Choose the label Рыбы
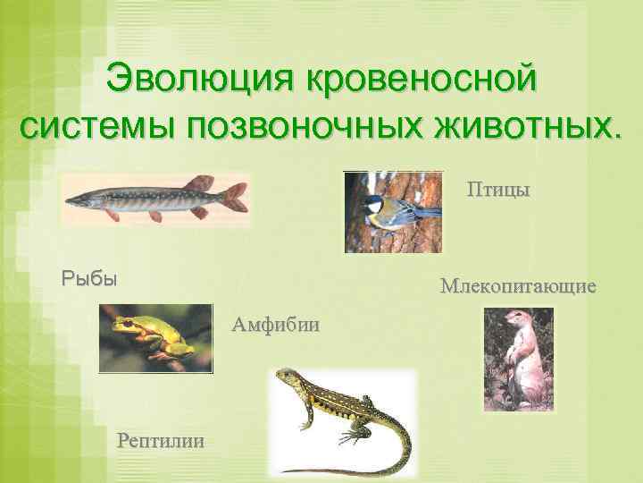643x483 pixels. coord(88,278)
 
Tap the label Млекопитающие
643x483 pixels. coord(518,287)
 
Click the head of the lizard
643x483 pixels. coord(286,377)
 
